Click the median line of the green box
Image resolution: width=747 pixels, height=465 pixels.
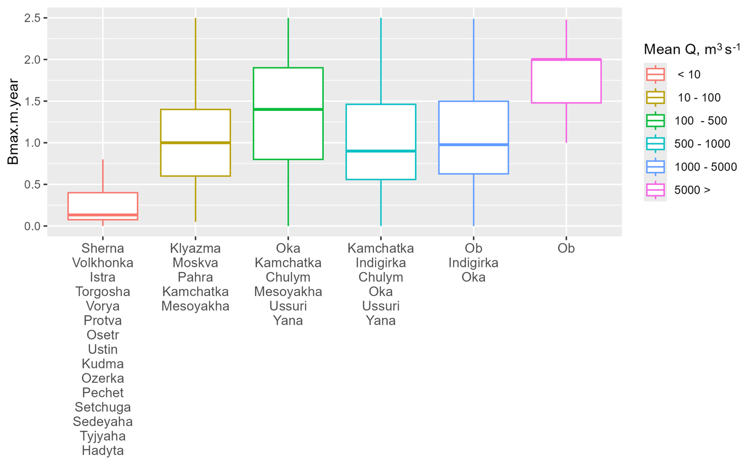coord(288,109)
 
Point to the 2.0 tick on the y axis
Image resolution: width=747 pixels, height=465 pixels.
coord(45,60)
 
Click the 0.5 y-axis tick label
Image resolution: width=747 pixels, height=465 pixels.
coord(32,184)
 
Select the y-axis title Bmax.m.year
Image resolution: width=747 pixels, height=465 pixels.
coord(13,121)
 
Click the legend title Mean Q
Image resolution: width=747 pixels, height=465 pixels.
coord(691,49)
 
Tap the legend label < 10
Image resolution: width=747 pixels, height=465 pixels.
coord(689,74)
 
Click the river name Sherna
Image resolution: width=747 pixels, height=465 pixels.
coord(103,248)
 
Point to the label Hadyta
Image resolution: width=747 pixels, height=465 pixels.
coord(103,450)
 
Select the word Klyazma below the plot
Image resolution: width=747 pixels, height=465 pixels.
coord(195,248)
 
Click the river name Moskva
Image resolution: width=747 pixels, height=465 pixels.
coord(195,263)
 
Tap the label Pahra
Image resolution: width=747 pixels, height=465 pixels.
coord(195,277)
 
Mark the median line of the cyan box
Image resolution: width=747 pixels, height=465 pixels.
coord(381,151)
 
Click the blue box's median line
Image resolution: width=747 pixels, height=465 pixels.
coord(473,145)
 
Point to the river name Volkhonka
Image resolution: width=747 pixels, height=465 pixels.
coord(103,263)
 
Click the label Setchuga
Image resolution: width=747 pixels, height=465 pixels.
coord(103,407)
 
